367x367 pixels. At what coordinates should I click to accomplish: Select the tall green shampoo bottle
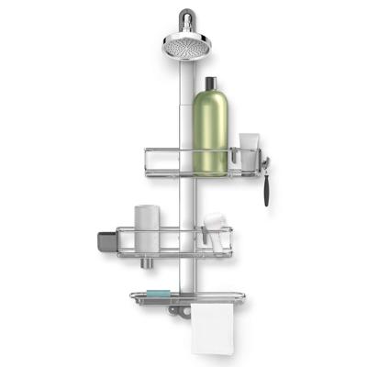(x=211, y=133)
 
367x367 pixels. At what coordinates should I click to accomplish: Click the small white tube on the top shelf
(x=248, y=150)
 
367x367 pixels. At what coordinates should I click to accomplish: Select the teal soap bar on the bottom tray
(x=158, y=293)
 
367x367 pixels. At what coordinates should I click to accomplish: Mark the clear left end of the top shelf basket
(x=143, y=160)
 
